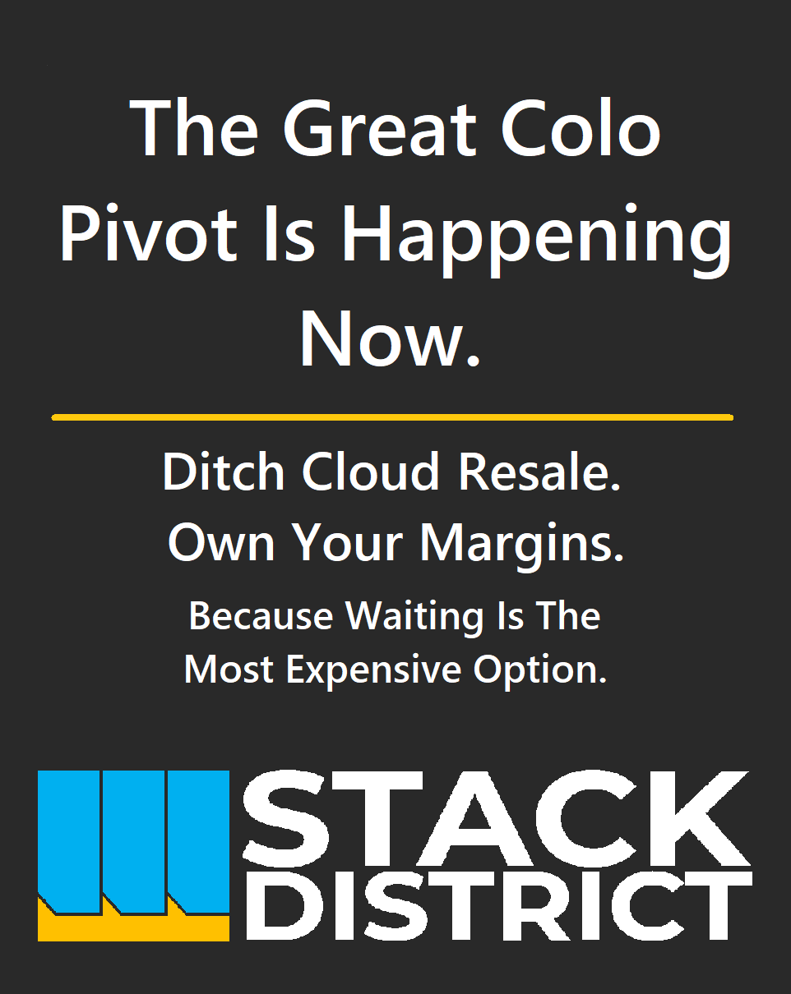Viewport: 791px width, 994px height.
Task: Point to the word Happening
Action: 535,238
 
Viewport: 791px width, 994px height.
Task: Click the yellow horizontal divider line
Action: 392,417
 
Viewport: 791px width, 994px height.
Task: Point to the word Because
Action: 261,616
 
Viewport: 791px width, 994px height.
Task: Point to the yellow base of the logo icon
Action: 132,928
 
